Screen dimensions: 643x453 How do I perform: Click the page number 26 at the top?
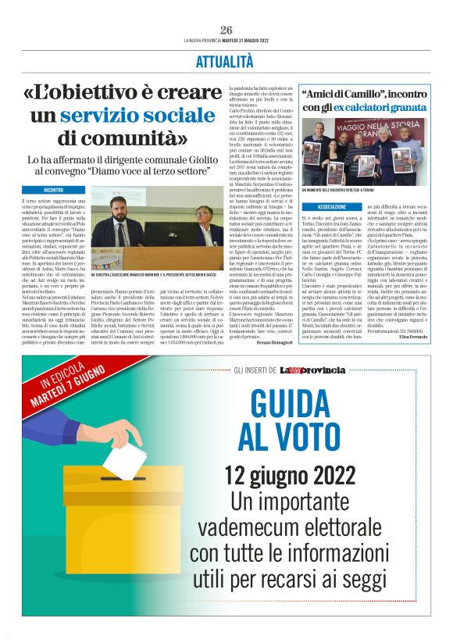click(x=226, y=29)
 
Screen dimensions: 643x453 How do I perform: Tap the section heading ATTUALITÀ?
click(x=226, y=60)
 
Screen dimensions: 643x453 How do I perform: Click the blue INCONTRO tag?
click(x=54, y=190)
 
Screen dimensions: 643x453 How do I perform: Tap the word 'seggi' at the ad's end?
click(x=367, y=602)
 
